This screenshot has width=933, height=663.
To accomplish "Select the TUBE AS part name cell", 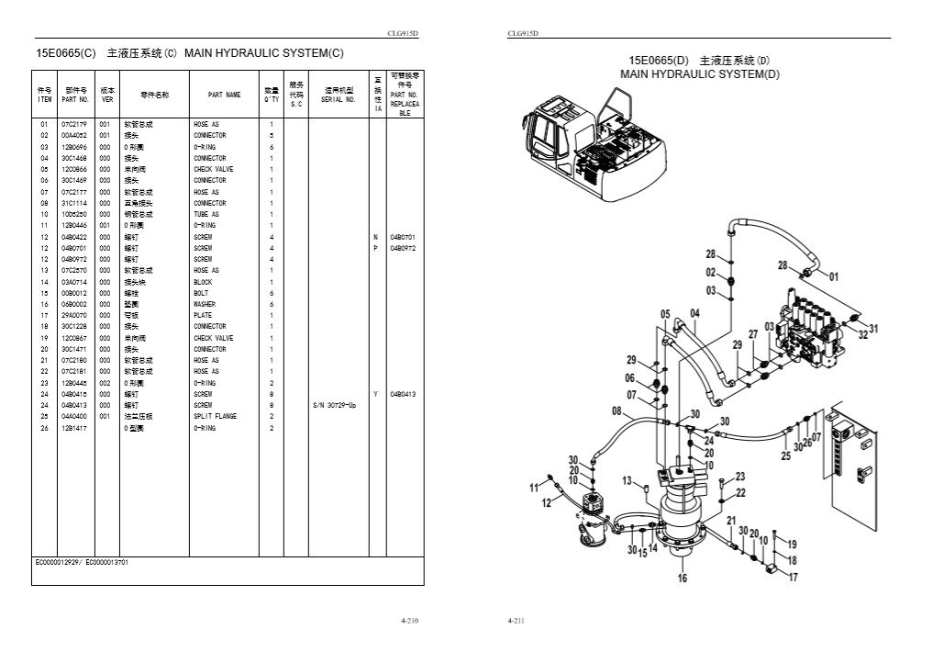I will click(x=205, y=214).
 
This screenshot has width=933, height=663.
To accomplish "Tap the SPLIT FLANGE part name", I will click(x=215, y=416).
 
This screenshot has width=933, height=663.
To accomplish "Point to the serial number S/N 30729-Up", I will click(x=334, y=405).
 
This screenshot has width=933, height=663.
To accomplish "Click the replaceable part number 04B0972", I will click(x=403, y=248).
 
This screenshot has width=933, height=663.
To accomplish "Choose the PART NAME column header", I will click(x=224, y=95).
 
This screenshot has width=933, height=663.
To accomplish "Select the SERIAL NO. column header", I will click(x=339, y=99).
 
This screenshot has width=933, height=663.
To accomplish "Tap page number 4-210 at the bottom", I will click(x=410, y=623).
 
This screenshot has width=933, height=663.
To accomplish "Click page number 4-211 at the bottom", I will click(x=515, y=623).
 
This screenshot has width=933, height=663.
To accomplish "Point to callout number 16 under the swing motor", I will click(x=682, y=578).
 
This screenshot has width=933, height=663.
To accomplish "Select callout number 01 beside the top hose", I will click(x=833, y=275).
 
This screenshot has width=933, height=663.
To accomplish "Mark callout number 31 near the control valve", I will click(x=873, y=328).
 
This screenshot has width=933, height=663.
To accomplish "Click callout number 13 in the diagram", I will click(x=628, y=480).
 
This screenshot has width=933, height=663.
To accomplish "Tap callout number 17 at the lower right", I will click(x=793, y=578).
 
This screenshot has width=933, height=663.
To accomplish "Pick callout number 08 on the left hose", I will click(x=616, y=411).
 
